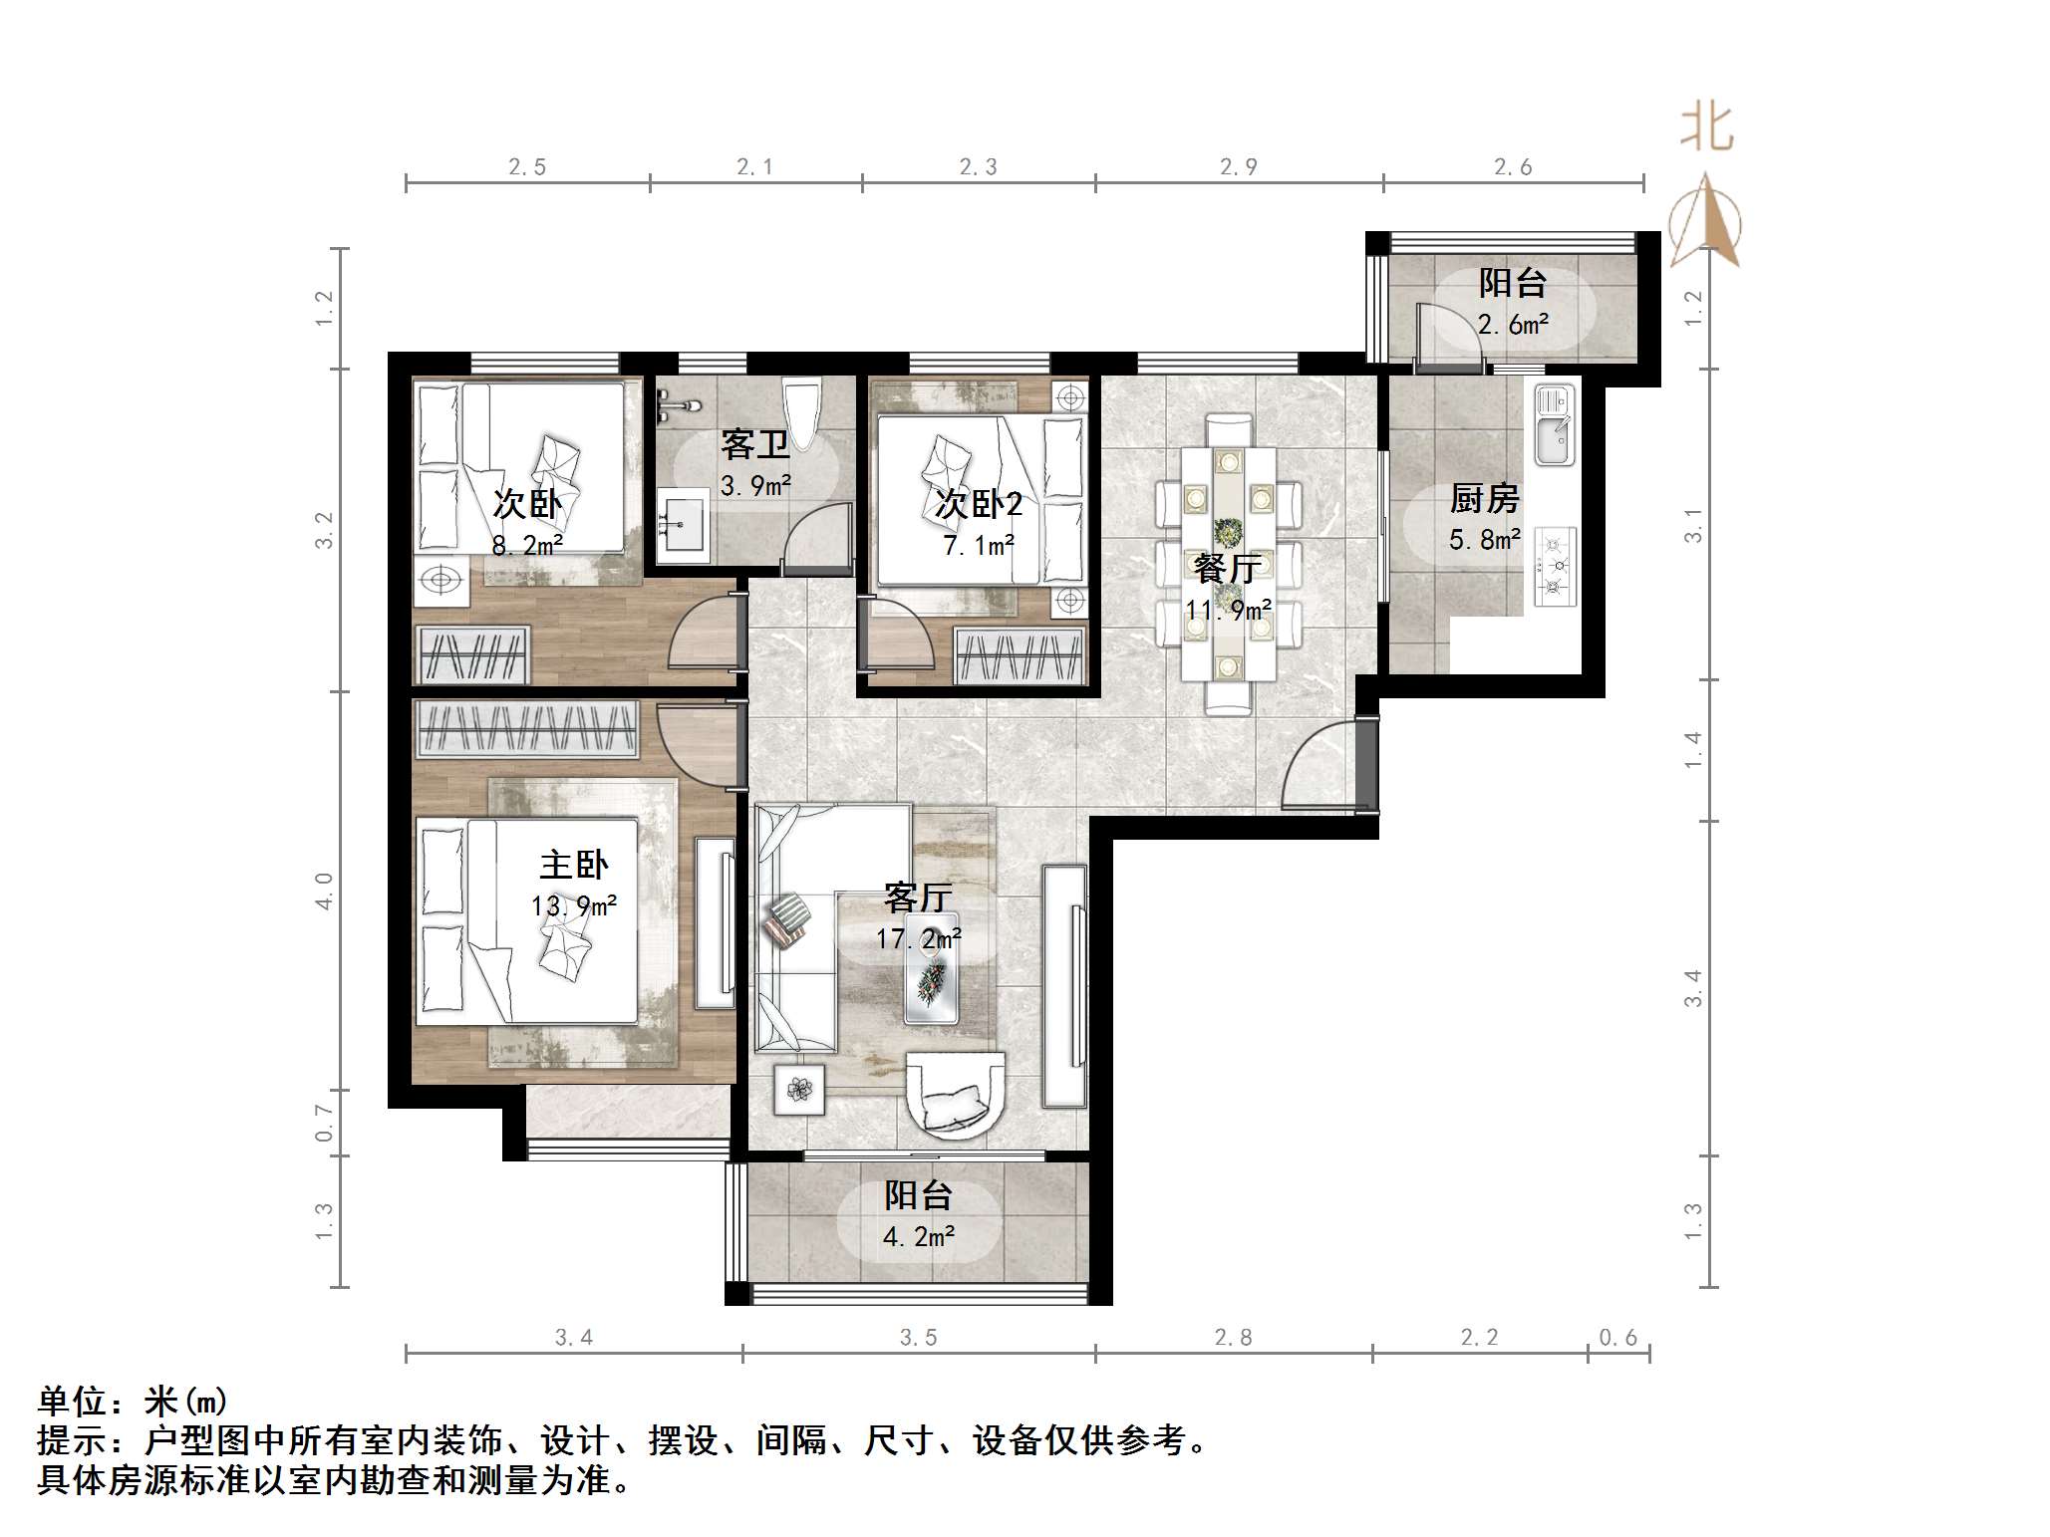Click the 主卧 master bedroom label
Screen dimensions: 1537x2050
click(573, 865)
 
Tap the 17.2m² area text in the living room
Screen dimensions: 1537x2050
click(918, 938)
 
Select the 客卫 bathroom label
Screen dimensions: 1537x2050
click(754, 444)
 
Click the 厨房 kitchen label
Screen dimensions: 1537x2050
click(1484, 498)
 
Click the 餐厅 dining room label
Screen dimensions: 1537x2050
click(1228, 569)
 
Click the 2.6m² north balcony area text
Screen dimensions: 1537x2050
click(1513, 325)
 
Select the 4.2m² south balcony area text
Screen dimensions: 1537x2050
click(918, 1237)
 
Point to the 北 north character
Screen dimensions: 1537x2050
click(1706, 129)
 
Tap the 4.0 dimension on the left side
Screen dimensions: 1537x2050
click(324, 891)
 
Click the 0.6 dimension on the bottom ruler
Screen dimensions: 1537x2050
click(1617, 1338)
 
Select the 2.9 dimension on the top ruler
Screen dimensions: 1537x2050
click(1239, 167)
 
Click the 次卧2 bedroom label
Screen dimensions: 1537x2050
click(979, 505)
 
